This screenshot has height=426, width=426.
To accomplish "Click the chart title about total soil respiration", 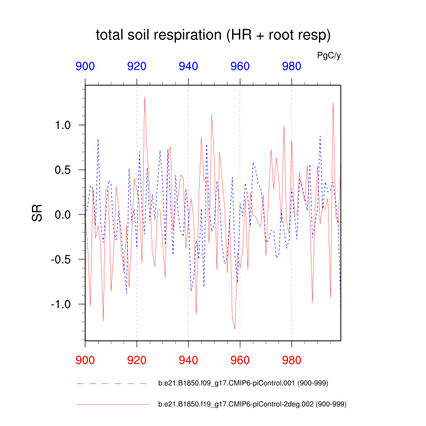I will (213, 36).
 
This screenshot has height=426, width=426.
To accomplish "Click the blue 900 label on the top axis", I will (85, 67).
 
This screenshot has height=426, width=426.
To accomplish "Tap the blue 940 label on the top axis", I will (189, 67).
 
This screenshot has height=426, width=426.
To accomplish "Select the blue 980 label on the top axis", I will (291, 67).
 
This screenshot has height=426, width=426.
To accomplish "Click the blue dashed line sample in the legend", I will (112, 383).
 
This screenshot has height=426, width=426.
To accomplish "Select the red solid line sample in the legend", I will (112, 405).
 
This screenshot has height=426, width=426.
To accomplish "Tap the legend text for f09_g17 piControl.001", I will (249, 383).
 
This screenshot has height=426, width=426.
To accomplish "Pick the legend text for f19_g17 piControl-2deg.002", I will (253, 405).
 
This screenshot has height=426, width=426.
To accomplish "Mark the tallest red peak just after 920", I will (144, 97).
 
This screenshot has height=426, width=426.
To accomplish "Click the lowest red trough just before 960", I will (235, 329).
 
